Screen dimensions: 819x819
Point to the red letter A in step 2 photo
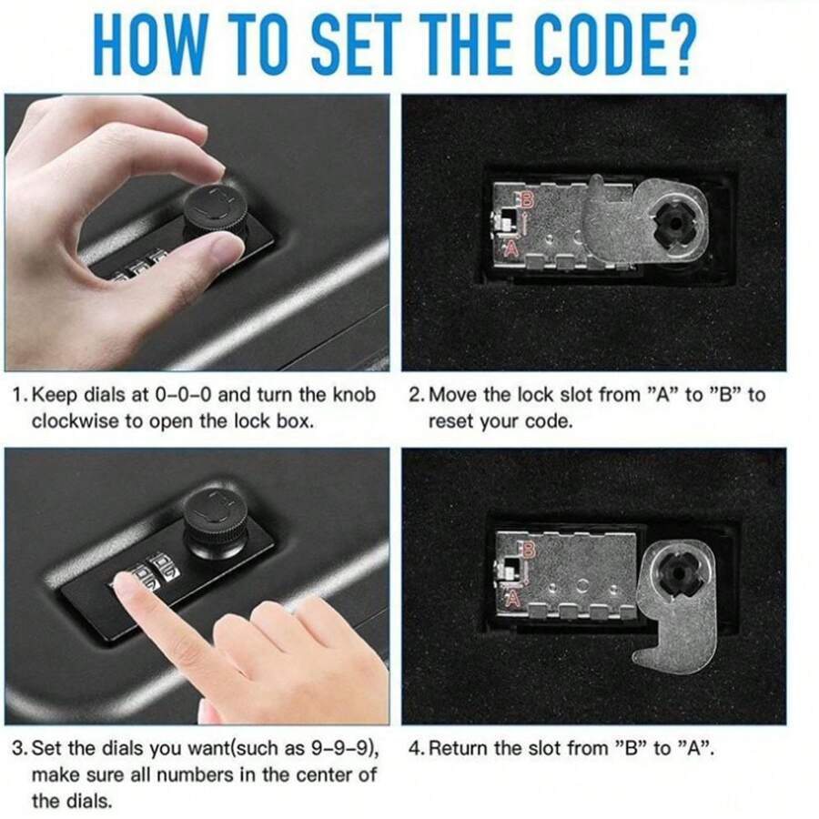coord(511,247)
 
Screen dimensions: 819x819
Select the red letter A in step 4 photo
coord(513,596)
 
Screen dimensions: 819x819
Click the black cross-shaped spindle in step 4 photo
coord(679,574)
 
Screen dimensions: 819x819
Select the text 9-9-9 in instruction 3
coord(342,749)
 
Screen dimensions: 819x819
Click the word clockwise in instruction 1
coord(76,421)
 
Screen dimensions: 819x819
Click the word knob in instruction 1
coord(354,395)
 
